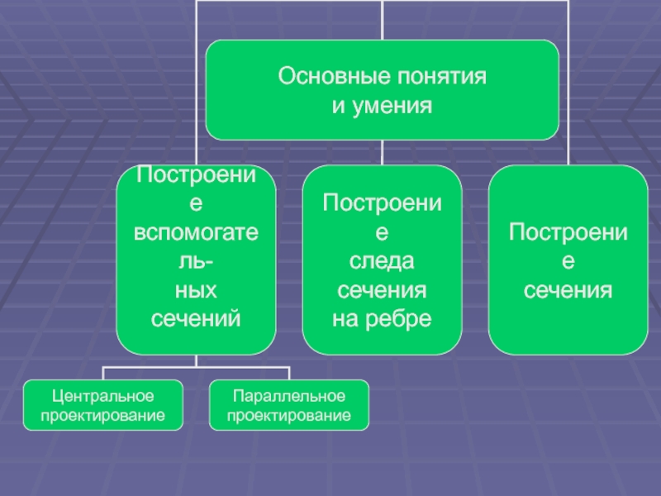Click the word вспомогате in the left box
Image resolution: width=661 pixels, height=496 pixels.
(x=197, y=232)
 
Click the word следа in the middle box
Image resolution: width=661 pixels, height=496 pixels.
(x=382, y=261)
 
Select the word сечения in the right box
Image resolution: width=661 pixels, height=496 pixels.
(x=568, y=290)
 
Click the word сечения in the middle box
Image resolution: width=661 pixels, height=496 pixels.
(x=382, y=290)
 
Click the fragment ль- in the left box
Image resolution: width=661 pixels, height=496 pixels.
(x=197, y=261)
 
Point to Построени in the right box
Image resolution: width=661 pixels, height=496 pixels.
(x=568, y=232)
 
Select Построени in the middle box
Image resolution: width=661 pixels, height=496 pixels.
(x=382, y=203)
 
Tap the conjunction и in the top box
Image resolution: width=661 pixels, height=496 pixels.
(x=336, y=106)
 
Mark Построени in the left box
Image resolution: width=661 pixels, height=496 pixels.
(x=197, y=174)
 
